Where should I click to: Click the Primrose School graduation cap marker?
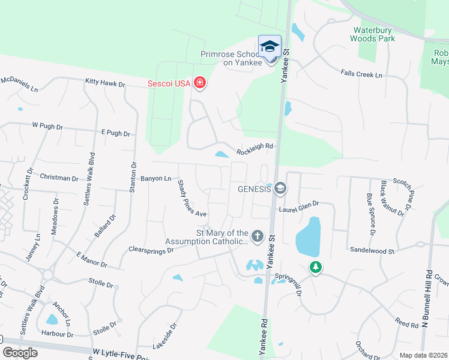pyautogui.click(x=270, y=46)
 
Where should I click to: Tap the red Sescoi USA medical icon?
pyautogui.click(x=200, y=83)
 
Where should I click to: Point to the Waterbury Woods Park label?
pyautogui.click(x=375, y=34)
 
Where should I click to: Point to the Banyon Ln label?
pyautogui.click(x=155, y=178)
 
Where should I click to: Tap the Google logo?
pyautogui.click(x=20, y=353)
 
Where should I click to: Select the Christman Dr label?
pyautogui.click(x=59, y=178)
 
